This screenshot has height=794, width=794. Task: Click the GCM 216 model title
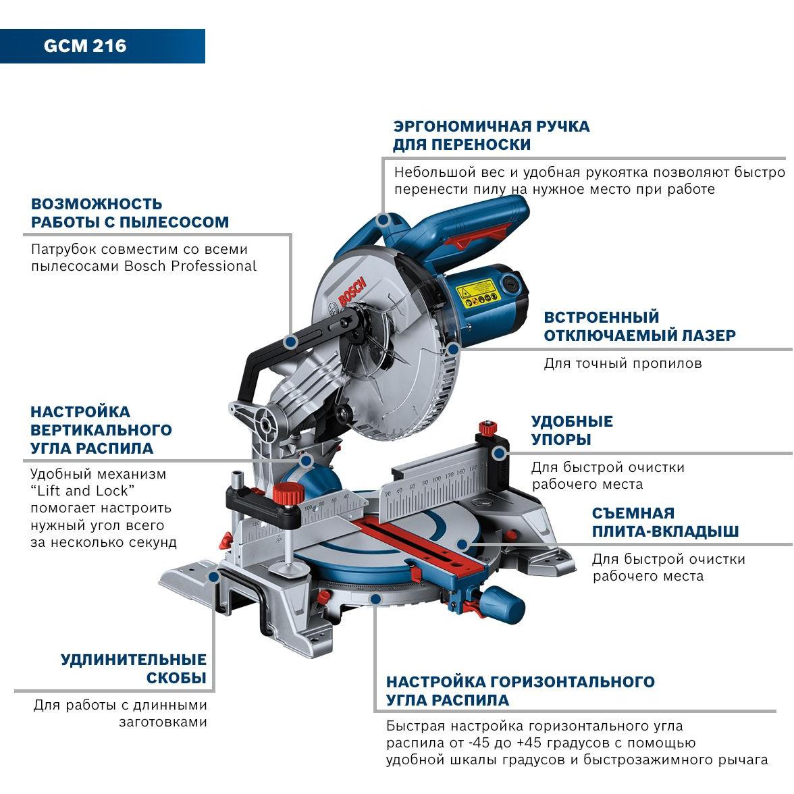pos(84,46)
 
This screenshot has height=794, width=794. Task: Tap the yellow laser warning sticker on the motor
pos(477,293)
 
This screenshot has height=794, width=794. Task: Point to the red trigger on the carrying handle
pos(476,238)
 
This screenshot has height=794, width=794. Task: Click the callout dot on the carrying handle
pos(383,220)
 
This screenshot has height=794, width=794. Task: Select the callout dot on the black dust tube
pos(290,342)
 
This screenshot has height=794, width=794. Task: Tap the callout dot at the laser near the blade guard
pos(453,348)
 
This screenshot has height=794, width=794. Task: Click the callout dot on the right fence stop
pos(500,452)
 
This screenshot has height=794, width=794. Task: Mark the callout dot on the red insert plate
pos(462,545)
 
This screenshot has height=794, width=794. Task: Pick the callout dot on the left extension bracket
pos(213,577)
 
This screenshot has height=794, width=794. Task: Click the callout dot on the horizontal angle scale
pos(375,600)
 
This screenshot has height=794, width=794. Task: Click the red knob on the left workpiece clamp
pos(287,494)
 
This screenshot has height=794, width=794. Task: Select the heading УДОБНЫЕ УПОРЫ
pos(572,431)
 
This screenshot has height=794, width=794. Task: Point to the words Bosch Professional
pos(190,266)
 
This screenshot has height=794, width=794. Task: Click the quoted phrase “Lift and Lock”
pos(82,491)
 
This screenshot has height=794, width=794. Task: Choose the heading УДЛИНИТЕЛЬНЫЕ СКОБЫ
pos(134,668)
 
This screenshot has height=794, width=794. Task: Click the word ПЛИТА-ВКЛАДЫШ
pos(666,531)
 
